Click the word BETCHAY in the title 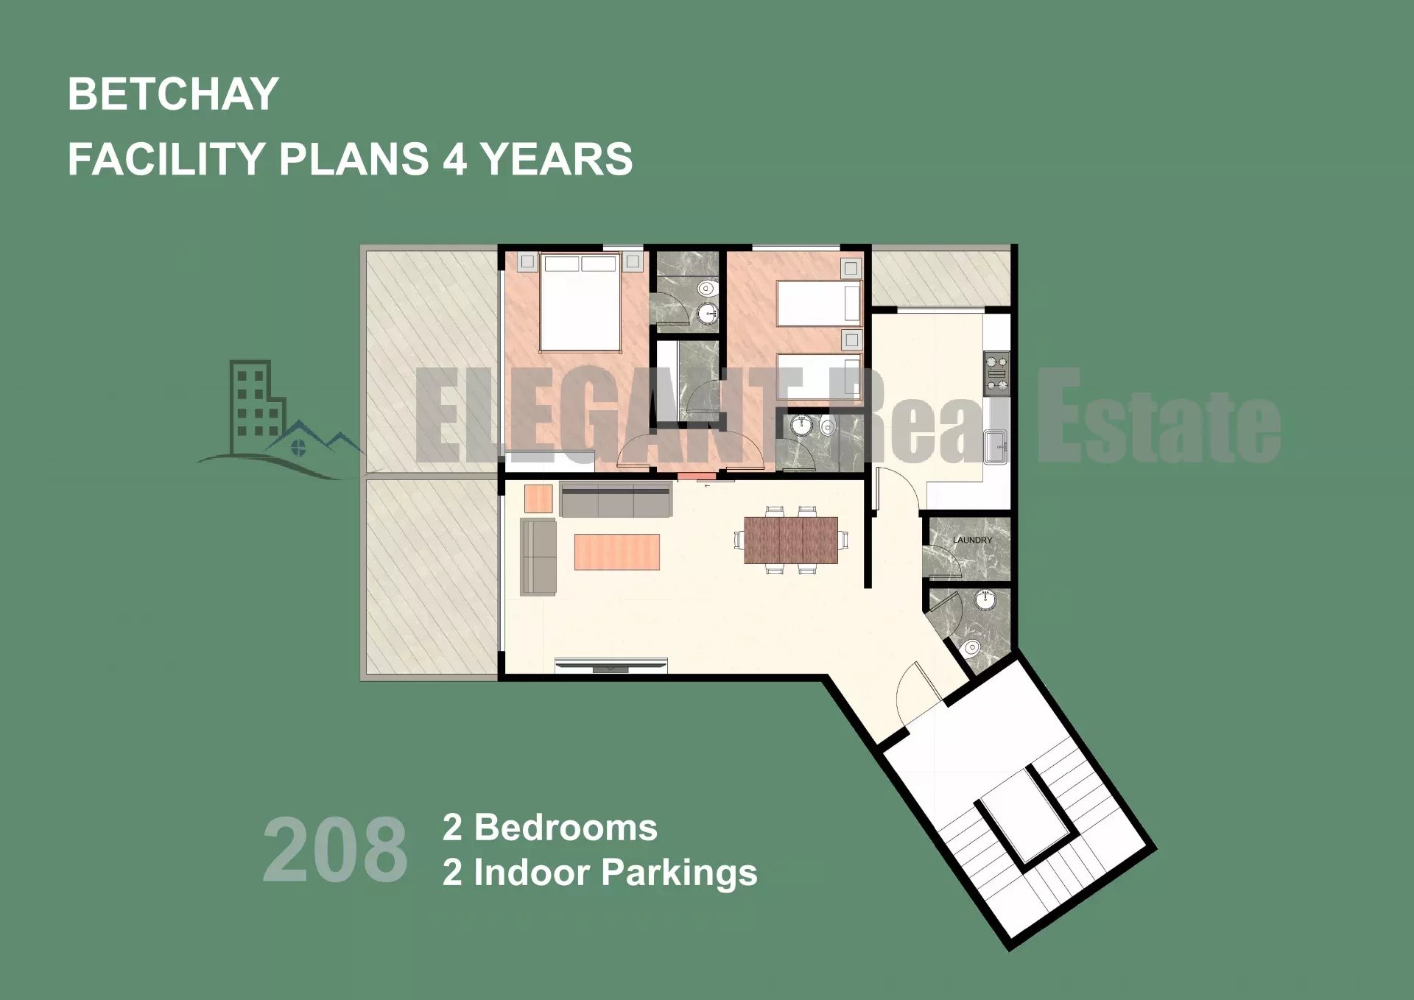pyautogui.click(x=173, y=94)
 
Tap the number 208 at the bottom pyautogui.click(x=335, y=850)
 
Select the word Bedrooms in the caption pyautogui.click(x=566, y=828)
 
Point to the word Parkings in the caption pyautogui.click(x=680, y=873)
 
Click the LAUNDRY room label pyautogui.click(x=972, y=540)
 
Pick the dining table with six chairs pyautogui.click(x=791, y=540)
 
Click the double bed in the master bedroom pyautogui.click(x=580, y=302)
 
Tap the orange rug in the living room pyautogui.click(x=616, y=552)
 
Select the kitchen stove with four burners pyautogui.click(x=997, y=373)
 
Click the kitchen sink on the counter pyautogui.click(x=997, y=446)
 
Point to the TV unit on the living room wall pyautogui.click(x=611, y=665)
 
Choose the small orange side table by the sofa pyautogui.click(x=538, y=499)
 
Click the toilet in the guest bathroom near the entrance pyautogui.click(x=971, y=649)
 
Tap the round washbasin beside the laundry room pyautogui.click(x=985, y=600)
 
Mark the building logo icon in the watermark pyautogui.click(x=280, y=419)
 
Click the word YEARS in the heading pyautogui.click(x=556, y=159)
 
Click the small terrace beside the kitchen pyautogui.click(x=940, y=278)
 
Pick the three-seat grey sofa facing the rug pyautogui.click(x=616, y=499)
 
